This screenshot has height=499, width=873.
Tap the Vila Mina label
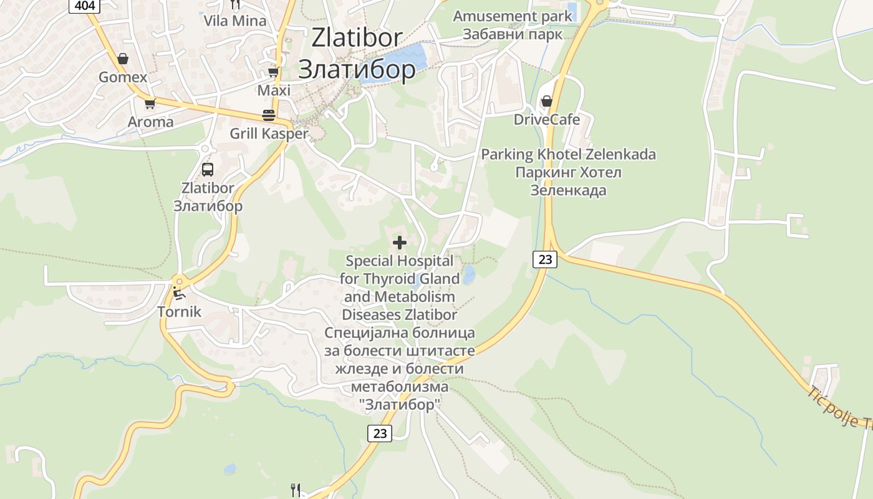pyautogui.click(x=235, y=21)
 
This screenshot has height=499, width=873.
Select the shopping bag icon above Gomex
pyautogui.click(x=123, y=59)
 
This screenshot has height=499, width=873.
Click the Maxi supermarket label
pyautogui.click(x=274, y=90)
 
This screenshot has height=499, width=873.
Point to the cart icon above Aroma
pyautogui.click(x=150, y=104)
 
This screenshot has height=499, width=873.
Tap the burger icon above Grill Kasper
pyautogui.click(x=269, y=115)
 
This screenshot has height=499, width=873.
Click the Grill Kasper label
pyautogui.click(x=269, y=133)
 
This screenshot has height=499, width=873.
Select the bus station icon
pyautogui.click(x=208, y=169)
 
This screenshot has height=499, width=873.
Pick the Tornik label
pyautogui.click(x=179, y=311)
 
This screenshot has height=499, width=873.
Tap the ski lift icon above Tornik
pyautogui.click(x=179, y=293)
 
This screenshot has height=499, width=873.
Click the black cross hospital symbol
pyautogui.click(x=400, y=242)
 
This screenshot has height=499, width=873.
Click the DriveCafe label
pyautogui.click(x=546, y=119)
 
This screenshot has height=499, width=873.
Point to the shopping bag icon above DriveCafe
pyautogui.click(x=547, y=100)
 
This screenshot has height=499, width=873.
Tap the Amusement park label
pyautogui.click(x=512, y=16)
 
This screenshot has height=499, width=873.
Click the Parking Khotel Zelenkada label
pyautogui.click(x=568, y=154)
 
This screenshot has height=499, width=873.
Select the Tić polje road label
pyautogui.click(x=839, y=409)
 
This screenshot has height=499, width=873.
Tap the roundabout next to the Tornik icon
pyautogui.click(x=179, y=280)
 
